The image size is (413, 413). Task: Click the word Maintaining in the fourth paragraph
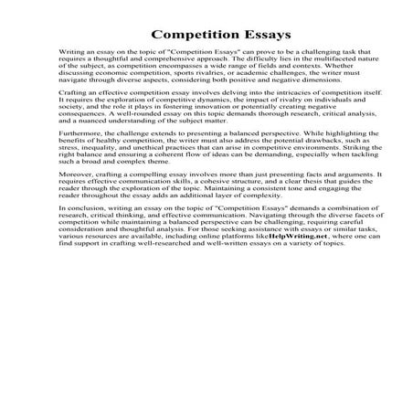pyautogui.click(x=252, y=239)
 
